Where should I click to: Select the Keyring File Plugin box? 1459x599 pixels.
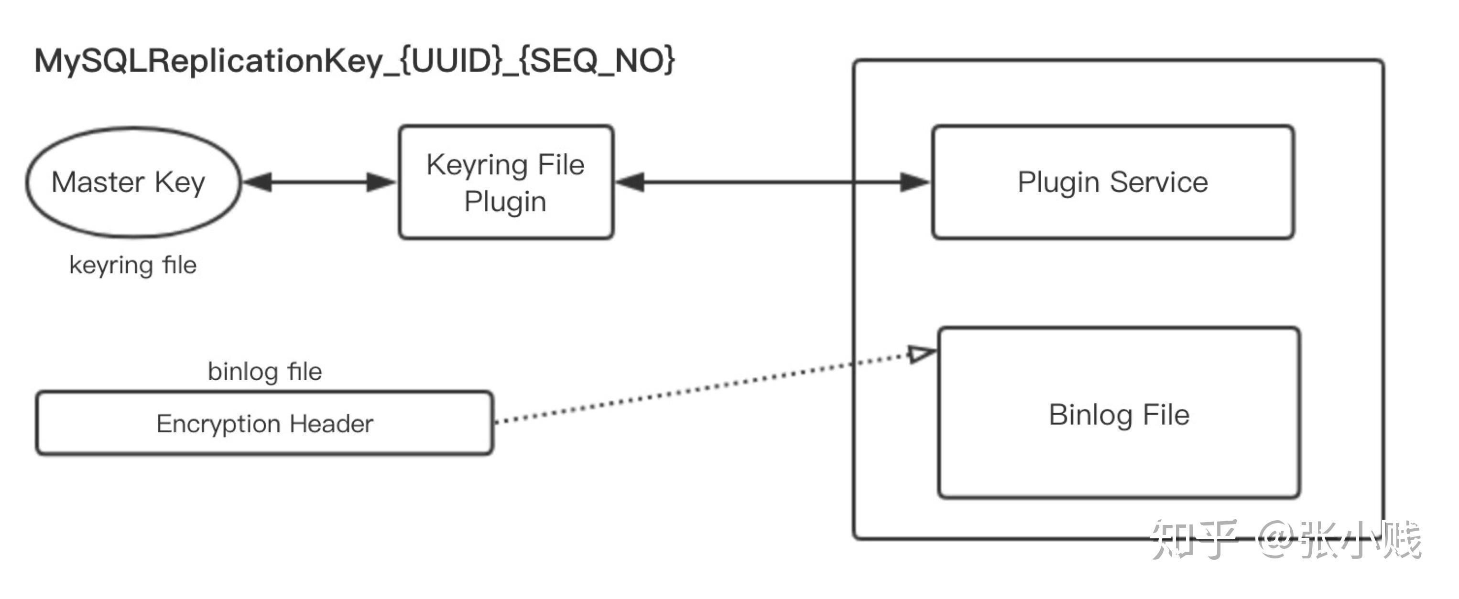pos(506,182)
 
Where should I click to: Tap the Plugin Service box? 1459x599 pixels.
pos(1113,182)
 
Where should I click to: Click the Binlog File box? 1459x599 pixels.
pos(1119,414)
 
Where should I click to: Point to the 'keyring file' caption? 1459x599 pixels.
pos(133,265)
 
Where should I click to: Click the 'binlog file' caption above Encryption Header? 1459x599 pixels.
pos(264,372)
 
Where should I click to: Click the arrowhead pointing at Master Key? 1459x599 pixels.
pos(258,182)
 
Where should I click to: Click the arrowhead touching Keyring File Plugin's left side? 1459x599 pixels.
pos(381,182)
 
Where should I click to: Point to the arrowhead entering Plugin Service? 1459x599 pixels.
pos(914,182)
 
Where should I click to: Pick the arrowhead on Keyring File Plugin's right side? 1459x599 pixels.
pos(630,182)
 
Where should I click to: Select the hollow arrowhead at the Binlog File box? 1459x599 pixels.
pos(922,354)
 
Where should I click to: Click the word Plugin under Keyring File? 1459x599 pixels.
pos(505,202)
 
